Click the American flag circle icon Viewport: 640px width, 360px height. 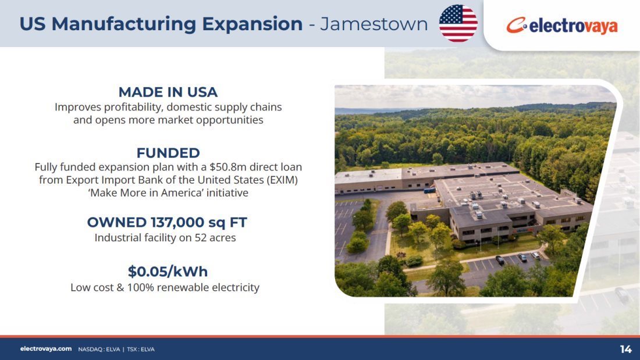point(458,23)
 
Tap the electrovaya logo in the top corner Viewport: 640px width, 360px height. point(562,26)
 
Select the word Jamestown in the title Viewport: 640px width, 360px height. point(374,24)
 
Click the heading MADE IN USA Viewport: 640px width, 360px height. point(168,92)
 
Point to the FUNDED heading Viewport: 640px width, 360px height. point(168,153)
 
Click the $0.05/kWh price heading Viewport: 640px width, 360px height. point(168,272)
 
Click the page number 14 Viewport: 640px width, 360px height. point(625,350)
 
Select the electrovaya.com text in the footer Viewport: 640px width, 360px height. point(46,349)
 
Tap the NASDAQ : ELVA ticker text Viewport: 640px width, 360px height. point(99,350)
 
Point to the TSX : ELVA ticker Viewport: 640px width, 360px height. point(141,350)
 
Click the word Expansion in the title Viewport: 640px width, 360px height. point(253,24)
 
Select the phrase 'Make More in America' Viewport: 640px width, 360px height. point(145,193)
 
